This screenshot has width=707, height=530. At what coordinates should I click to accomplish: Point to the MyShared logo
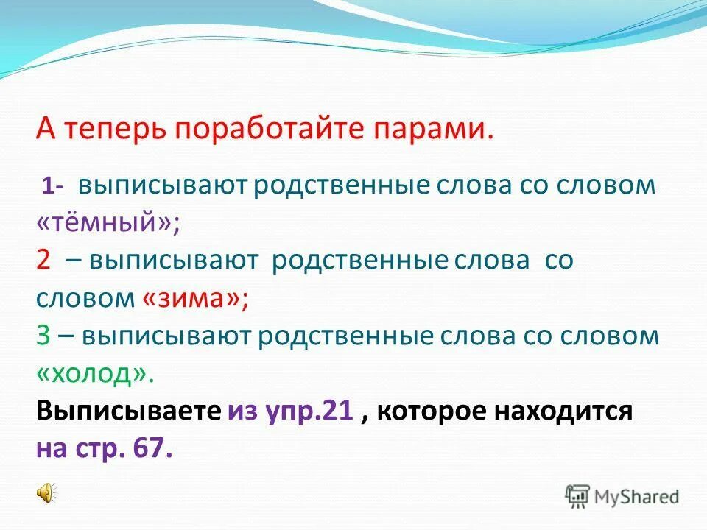click(x=622, y=495)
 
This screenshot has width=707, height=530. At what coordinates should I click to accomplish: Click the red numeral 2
click(x=43, y=261)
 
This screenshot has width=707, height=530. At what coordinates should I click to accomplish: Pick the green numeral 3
click(x=43, y=336)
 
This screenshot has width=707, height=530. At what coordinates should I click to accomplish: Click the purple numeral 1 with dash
click(x=54, y=186)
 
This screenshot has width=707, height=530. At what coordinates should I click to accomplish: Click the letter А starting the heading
click(x=45, y=130)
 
